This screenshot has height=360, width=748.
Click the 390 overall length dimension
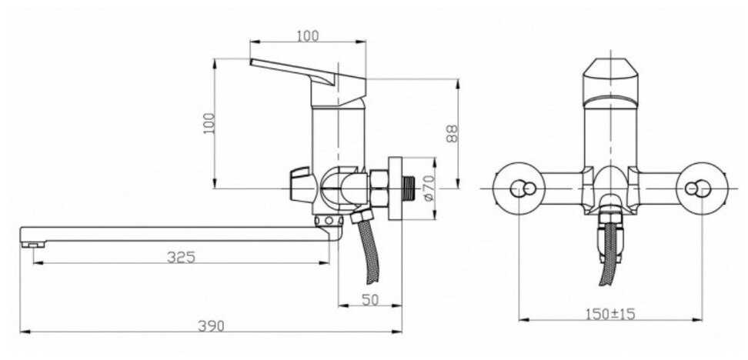tap(211, 326)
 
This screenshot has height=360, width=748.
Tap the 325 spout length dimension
tap(182, 257)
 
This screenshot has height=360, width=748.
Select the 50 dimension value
tap(369, 299)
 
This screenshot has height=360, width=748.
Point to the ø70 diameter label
tap(429, 188)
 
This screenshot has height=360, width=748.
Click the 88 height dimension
tap(451, 134)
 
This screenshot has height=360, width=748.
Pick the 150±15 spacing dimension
tap(610, 314)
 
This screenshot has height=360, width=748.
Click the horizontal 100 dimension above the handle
tap(308, 35)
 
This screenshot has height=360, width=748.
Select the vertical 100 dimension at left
tap(209, 123)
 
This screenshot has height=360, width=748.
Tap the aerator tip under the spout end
tap(33, 244)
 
